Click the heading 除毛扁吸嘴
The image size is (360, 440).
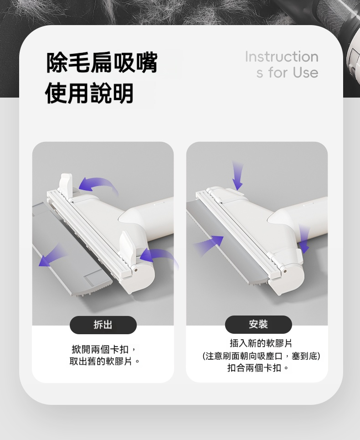(102, 62)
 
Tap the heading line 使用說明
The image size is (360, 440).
(89, 93)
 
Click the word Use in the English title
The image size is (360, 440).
(306, 72)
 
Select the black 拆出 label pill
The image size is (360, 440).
(103, 325)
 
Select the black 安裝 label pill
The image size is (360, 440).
(258, 324)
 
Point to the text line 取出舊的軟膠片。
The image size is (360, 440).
(104, 361)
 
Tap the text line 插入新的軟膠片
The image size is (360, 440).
(261, 343)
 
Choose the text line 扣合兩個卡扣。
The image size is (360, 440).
(258, 368)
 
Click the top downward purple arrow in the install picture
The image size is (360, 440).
(237, 176)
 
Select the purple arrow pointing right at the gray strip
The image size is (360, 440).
(209, 244)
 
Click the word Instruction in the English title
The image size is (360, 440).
(282, 57)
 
